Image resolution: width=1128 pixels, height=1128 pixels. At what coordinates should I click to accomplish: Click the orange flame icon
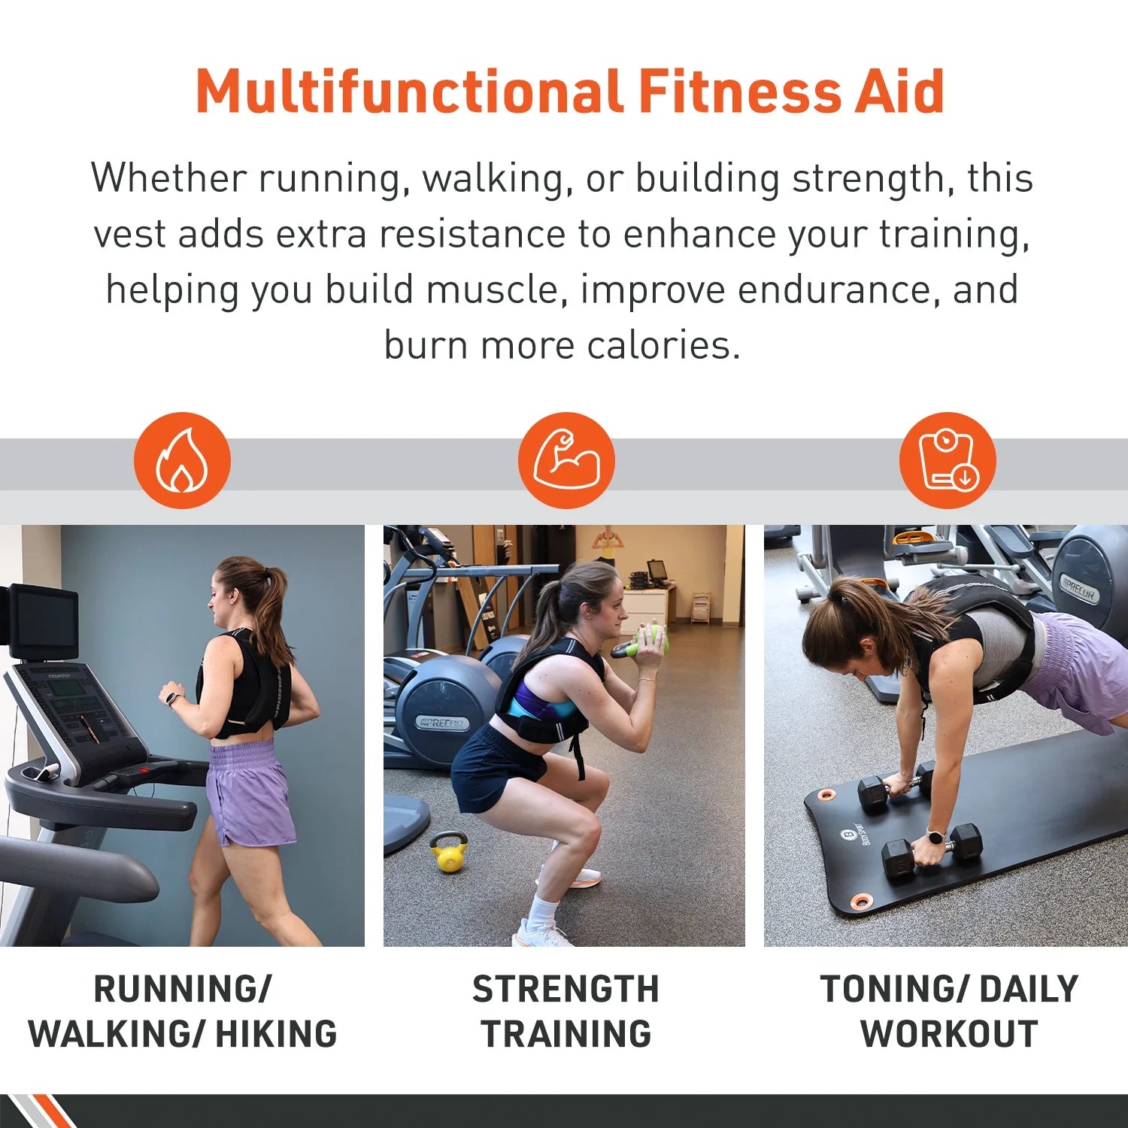[182, 460]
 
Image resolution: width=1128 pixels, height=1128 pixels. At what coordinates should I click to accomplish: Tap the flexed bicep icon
[566, 460]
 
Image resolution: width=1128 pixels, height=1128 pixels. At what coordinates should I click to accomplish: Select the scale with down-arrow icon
[948, 460]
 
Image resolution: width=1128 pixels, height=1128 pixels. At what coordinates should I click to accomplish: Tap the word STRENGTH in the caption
[566, 989]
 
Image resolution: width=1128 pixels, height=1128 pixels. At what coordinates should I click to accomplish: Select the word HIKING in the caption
[276, 1034]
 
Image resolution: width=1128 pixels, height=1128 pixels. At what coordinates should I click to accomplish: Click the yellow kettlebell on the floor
[449, 854]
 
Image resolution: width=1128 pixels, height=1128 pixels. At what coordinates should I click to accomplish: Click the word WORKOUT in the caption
[949, 1034]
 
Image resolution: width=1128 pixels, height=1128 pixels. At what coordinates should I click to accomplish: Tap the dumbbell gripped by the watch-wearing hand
[932, 850]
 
